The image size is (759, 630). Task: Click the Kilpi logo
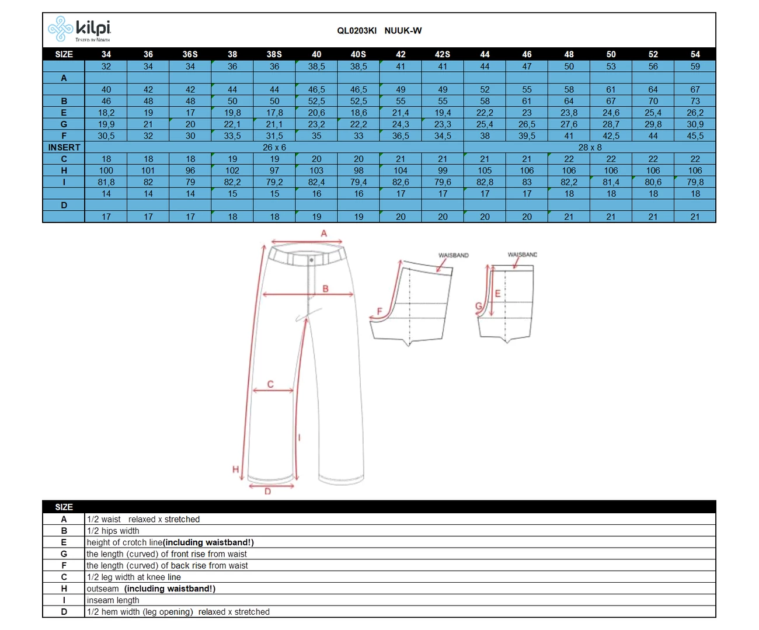coord(79,29)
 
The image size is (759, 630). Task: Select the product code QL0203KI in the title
coord(356,31)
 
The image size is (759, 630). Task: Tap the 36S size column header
coord(190,54)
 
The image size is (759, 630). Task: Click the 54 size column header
coord(695,54)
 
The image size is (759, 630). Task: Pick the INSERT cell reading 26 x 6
coord(274,147)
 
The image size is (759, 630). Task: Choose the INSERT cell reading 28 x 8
coord(590,147)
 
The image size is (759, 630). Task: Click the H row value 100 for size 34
coord(106,170)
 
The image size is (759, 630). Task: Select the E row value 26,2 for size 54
coord(695,113)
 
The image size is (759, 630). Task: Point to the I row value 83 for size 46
coord(527,182)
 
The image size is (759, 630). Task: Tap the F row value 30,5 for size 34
coord(106,136)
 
